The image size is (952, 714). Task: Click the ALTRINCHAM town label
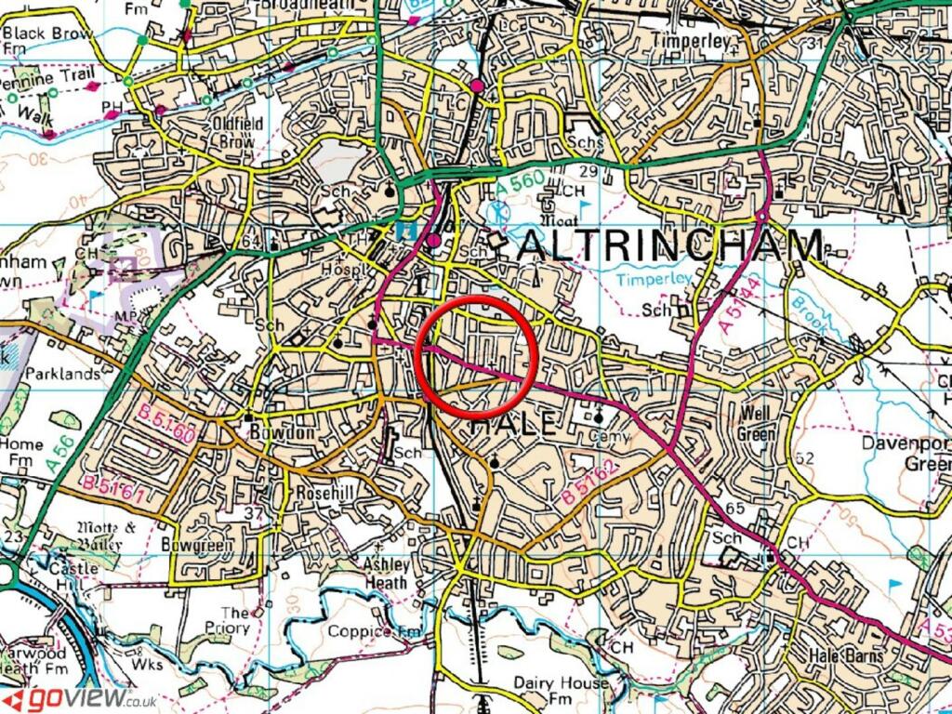tap(668, 246)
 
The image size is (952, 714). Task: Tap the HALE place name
tap(514, 426)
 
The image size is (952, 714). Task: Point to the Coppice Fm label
tap(374, 632)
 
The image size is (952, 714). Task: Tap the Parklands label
tap(61, 374)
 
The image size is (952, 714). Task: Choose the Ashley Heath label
tap(385, 574)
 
